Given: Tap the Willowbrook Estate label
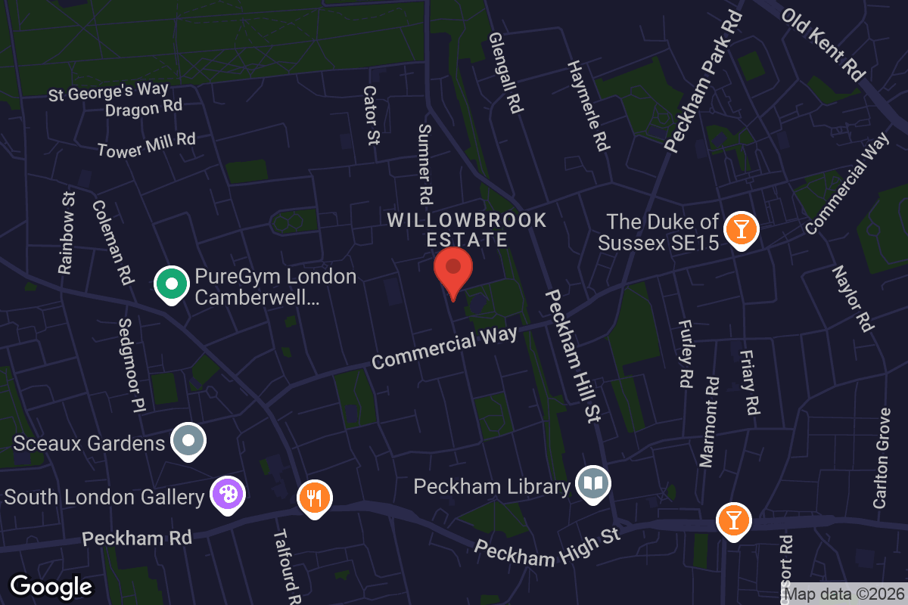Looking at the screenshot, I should pyautogui.click(x=466, y=230).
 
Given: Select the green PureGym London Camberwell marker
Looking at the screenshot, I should pyautogui.click(x=172, y=285).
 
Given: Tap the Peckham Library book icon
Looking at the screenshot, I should pyautogui.click(x=594, y=482).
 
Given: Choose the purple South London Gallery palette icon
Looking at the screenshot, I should pyautogui.click(x=227, y=495).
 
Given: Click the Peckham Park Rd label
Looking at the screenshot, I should pyautogui.click(x=703, y=81).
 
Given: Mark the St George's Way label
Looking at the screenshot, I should pyautogui.click(x=108, y=92).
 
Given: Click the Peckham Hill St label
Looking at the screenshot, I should pyautogui.click(x=573, y=355).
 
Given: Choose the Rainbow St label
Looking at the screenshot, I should pyautogui.click(x=68, y=232).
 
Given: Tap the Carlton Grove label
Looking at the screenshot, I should pyautogui.click(x=882, y=458).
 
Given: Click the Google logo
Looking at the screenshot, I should pyautogui.click(x=51, y=586).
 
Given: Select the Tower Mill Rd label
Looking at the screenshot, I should pyautogui.click(x=146, y=144).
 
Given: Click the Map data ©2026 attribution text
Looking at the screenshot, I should pyautogui.click(x=844, y=595).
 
